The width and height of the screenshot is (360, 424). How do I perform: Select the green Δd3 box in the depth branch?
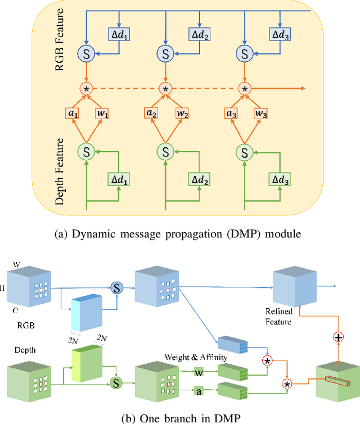(278, 179)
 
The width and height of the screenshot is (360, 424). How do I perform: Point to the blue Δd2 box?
(199, 34)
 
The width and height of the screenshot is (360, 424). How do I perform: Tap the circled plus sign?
(339, 337)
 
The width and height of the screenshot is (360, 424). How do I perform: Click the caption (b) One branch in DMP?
(179, 417)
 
